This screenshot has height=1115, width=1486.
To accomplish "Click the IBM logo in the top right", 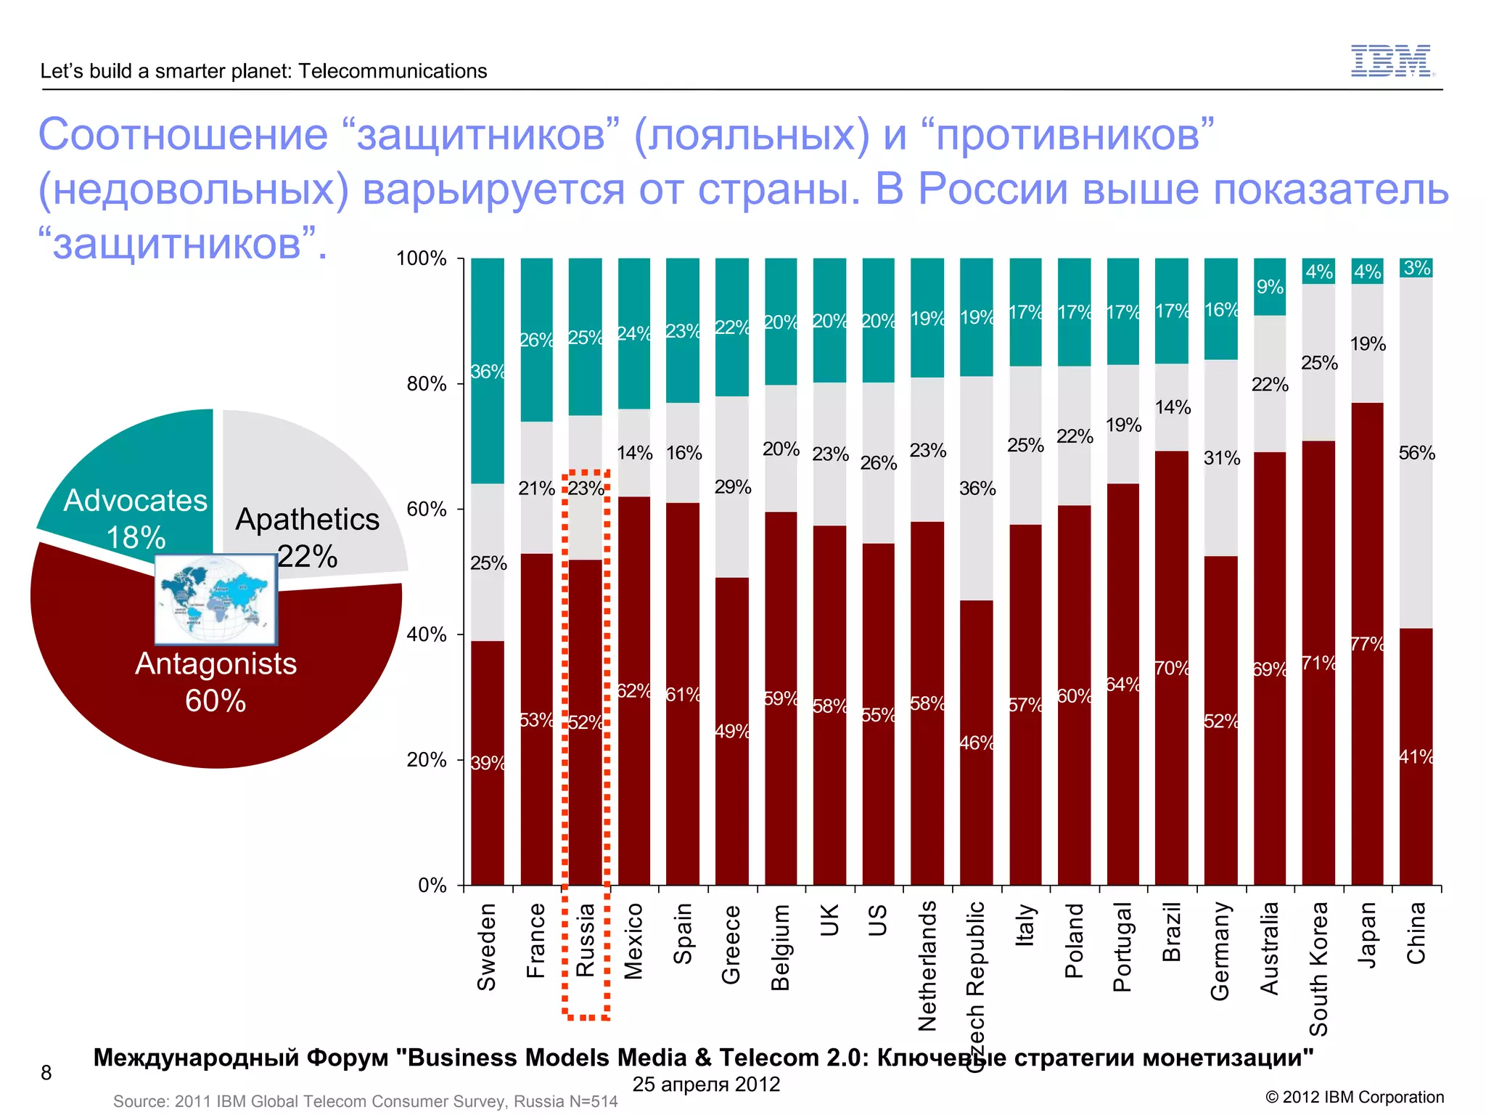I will (1392, 60).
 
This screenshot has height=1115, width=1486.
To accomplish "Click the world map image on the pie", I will (216, 600).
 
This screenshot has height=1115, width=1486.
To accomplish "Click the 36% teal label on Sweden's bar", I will (487, 372).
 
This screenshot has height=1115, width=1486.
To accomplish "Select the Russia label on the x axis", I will (585, 939).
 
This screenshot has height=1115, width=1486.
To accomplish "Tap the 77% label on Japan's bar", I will (1367, 644).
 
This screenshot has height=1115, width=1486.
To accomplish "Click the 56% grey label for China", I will (1416, 453).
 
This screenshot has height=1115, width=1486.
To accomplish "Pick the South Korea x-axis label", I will (1318, 968).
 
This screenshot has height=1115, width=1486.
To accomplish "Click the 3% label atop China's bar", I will (1416, 268).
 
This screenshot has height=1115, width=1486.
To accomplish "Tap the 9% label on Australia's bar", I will (1270, 287).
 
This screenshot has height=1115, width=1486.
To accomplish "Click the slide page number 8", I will (46, 1072).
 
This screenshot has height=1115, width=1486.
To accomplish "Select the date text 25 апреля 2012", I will (706, 1084).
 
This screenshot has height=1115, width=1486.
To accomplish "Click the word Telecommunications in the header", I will (393, 71).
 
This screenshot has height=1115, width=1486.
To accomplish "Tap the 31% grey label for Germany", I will (1222, 458).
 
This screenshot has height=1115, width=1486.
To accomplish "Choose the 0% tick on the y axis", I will (432, 886).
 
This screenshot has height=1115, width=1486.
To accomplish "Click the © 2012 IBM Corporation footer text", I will (1354, 1097).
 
